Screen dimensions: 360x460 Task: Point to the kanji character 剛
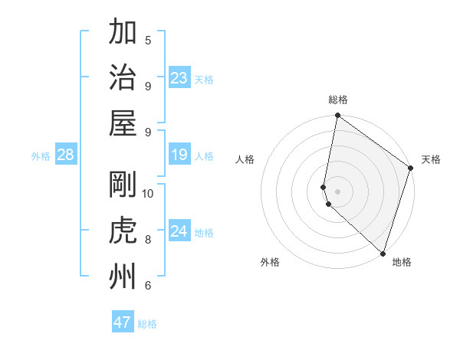pyautogui.click(x=123, y=185)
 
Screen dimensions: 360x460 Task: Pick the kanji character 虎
pyautogui.click(x=123, y=230)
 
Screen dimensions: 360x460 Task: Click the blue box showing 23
pyautogui.click(x=179, y=78)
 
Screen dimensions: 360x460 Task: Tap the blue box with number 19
pyautogui.click(x=179, y=155)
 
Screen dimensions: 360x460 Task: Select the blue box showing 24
pyautogui.click(x=179, y=231)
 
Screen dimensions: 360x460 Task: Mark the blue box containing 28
pyautogui.click(x=66, y=155)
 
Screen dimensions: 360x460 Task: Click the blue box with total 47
pyautogui.click(x=123, y=322)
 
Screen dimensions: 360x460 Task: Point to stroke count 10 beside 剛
pyautogui.click(x=148, y=193)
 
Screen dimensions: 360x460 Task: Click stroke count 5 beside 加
pyautogui.click(x=148, y=40)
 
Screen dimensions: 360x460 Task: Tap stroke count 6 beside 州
pyautogui.click(x=148, y=286)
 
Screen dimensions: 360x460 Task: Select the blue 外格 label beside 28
pyautogui.click(x=41, y=156)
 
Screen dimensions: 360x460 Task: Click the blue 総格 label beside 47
pyautogui.click(x=147, y=324)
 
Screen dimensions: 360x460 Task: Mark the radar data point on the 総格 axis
pyautogui.click(x=337, y=116)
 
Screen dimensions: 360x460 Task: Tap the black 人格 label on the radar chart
pyautogui.click(x=245, y=159)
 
